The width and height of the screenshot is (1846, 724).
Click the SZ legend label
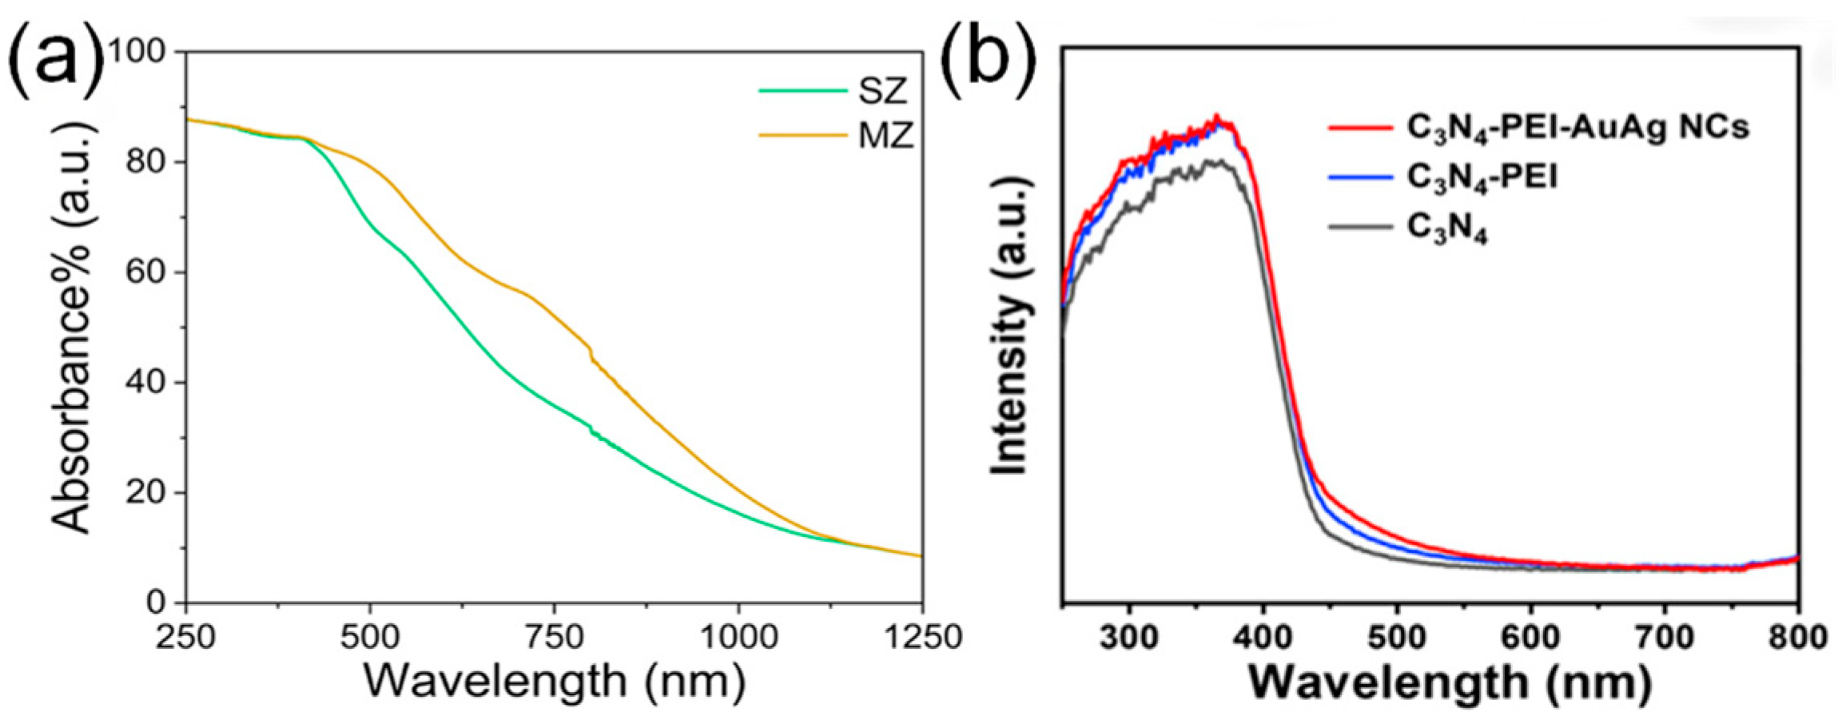pyautogui.click(x=884, y=93)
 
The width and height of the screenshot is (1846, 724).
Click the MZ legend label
pyautogui.click(x=885, y=137)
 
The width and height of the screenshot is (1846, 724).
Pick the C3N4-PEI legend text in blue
pyautogui.click(x=1482, y=177)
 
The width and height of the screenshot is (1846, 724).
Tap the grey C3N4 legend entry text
pyautogui.click(x=1447, y=229)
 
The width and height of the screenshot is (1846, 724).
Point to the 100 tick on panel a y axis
pyautogui.click(x=146, y=52)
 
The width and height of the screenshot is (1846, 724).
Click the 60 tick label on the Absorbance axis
pyautogui.click(x=145, y=272)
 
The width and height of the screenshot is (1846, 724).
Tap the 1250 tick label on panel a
pyautogui.click(x=922, y=638)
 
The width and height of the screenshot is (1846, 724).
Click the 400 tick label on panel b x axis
pyautogui.click(x=1263, y=638)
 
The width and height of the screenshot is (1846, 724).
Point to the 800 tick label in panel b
pyautogui.click(x=1798, y=638)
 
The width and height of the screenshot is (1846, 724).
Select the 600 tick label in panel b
pyautogui.click(x=1530, y=638)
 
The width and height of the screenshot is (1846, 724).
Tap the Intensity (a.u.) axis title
pyautogui.click(x=1009, y=326)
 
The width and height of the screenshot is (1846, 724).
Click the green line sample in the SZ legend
pyautogui.click(x=802, y=91)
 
